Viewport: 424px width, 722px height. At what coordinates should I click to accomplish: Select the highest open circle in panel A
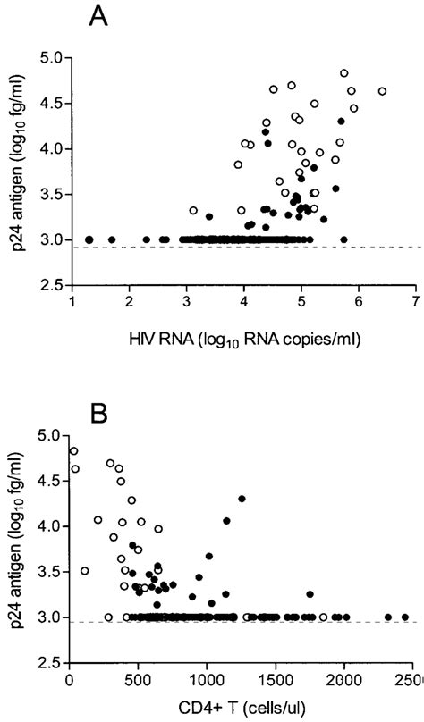pos(344,73)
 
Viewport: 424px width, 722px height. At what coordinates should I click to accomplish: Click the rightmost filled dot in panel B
pos(405,617)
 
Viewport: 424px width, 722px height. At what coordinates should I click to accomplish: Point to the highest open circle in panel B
pos(73,451)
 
